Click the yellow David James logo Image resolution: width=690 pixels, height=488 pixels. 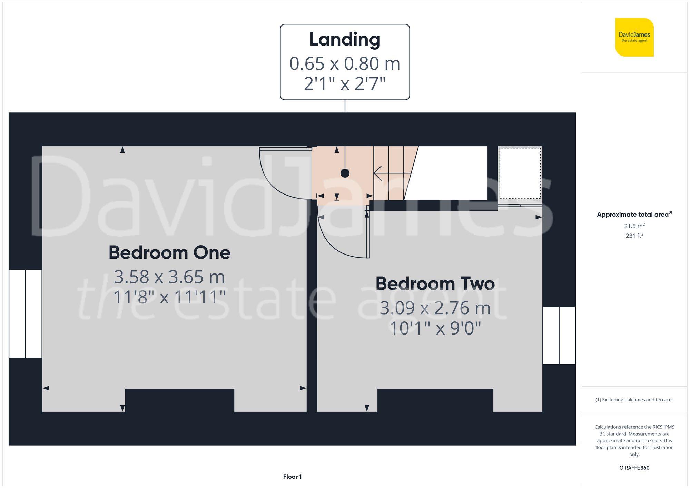click(634, 37)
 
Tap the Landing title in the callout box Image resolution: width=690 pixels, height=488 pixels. click(345, 39)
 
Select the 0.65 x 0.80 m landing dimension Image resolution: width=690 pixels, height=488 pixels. click(345, 63)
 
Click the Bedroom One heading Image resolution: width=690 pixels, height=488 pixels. click(169, 252)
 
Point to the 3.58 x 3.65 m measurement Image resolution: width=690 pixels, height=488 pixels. click(169, 277)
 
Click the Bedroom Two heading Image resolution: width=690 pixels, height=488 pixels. click(435, 284)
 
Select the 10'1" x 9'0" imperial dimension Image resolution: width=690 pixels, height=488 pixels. click(435, 328)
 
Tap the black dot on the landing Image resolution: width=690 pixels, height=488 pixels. click(345, 173)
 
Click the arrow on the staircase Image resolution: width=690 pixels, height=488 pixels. click(378, 173)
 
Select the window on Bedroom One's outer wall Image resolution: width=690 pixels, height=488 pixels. click(25, 314)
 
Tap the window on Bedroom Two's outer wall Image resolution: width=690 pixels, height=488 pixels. click(559, 335)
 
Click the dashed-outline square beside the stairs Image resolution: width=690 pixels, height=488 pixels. click(520, 173)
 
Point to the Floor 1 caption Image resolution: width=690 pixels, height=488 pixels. click(292, 477)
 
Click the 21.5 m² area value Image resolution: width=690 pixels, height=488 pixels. click(634, 226)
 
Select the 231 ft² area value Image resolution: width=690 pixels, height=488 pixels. click(634, 236)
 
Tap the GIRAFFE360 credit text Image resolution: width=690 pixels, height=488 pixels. click(634, 468)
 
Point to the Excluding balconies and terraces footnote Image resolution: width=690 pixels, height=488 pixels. click(634, 400)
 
